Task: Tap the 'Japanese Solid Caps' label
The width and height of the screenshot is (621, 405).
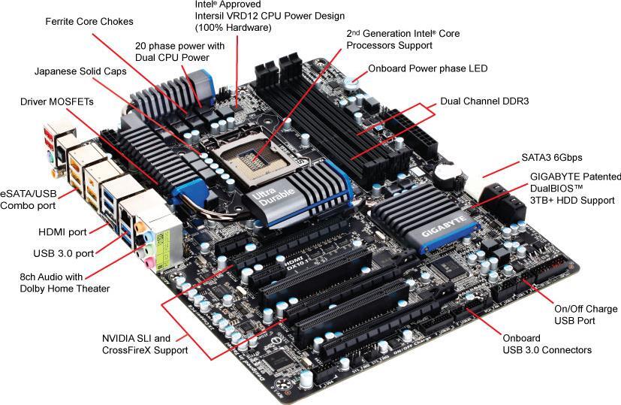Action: tap(80, 71)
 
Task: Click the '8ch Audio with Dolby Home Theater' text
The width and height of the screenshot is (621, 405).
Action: tap(65, 283)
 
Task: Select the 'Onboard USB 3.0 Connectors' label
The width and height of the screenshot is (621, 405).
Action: tap(547, 344)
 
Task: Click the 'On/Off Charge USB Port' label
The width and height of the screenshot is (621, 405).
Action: tap(585, 315)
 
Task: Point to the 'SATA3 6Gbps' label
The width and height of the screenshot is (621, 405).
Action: tap(551, 158)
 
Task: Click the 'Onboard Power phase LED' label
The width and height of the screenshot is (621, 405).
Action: tap(427, 68)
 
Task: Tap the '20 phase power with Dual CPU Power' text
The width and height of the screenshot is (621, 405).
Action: tap(179, 51)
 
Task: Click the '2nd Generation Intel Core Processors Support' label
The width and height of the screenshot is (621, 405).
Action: tap(402, 39)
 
